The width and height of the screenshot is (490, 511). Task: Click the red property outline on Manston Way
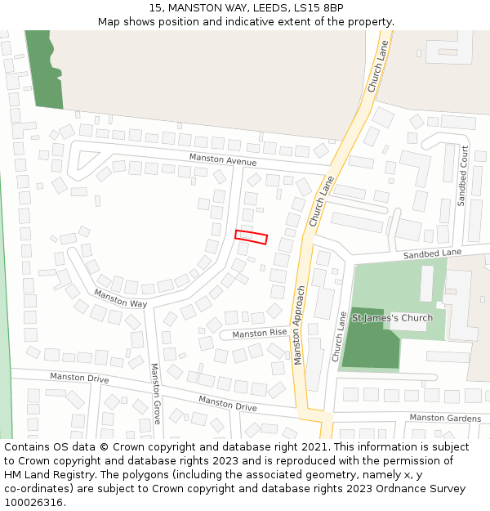coord(252,237)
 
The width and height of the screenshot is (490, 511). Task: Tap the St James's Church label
coord(392,318)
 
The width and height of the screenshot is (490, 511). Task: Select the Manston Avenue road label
coord(223,159)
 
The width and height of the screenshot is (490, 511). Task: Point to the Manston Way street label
coord(120,298)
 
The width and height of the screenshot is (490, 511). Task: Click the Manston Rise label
coord(260,334)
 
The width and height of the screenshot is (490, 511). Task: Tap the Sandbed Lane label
coord(432,255)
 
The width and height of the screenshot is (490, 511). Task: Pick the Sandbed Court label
coord(463,176)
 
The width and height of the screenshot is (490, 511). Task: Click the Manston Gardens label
coord(445,418)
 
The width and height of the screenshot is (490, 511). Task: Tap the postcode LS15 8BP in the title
coord(322,8)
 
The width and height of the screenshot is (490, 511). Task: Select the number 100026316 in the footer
coord(34,502)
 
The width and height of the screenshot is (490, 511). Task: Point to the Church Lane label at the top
coord(378,67)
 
